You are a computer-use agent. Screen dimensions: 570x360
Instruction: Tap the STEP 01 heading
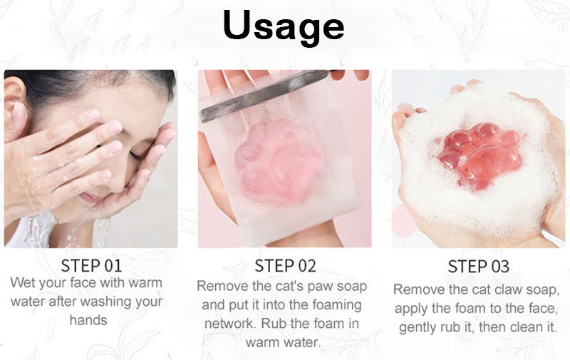click(91, 266)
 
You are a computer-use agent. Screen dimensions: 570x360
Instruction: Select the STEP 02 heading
click(285, 266)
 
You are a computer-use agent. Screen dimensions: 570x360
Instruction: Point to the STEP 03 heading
click(478, 267)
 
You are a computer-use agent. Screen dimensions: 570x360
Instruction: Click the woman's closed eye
click(135, 155)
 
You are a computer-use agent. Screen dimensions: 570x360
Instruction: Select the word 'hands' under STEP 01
click(88, 320)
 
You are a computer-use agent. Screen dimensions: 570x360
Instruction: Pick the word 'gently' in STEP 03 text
click(418, 328)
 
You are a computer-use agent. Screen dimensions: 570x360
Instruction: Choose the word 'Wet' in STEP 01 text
click(22, 282)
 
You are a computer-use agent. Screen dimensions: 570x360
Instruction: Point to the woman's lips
click(89, 197)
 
